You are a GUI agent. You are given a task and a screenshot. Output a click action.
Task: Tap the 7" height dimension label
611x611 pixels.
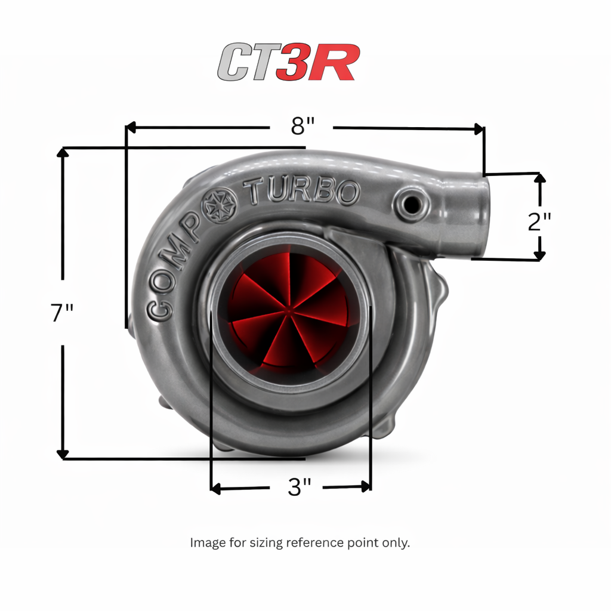[62, 313]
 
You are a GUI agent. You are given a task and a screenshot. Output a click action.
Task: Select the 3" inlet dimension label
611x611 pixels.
[300, 487]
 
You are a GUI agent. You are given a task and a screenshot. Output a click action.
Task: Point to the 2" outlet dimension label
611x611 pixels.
[539, 222]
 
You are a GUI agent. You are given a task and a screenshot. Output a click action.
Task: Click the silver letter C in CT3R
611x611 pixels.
[234, 62]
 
